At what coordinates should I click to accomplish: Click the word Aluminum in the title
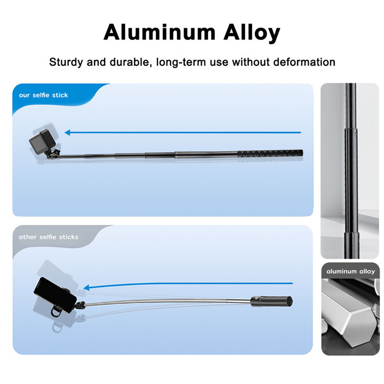pyautogui.click(x=152, y=33)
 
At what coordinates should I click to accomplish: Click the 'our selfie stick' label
pyautogui.click(x=44, y=95)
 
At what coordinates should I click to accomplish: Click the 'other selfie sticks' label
pyautogui.click(x=48, y=237)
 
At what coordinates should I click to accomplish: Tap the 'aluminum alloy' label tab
pyautogui.click(x=350, y=271)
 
